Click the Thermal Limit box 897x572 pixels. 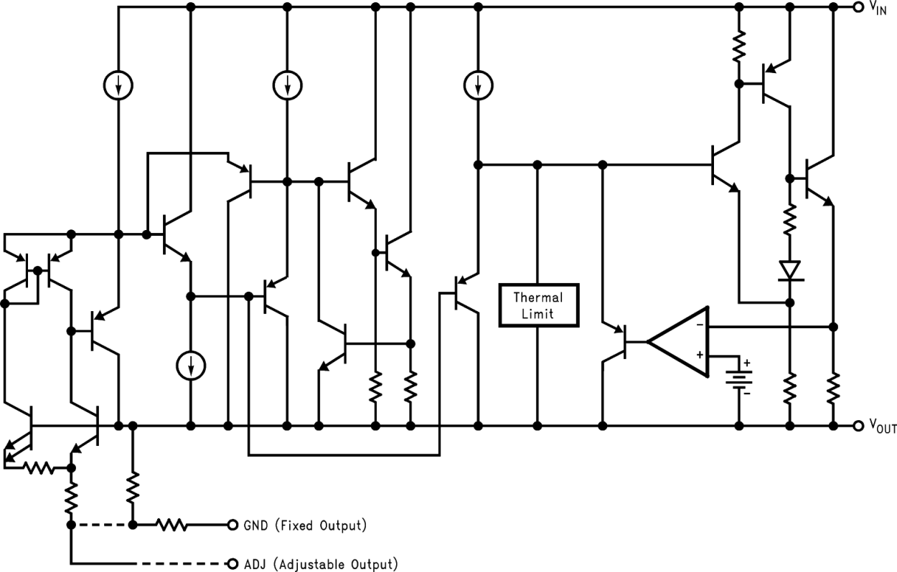pyautogui.click(x=537, y=305)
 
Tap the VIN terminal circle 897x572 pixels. pyautogui.click(x=858, y=6)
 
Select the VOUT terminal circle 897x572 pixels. pyautogui.click(x=858, y=426)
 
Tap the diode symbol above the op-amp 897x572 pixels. pyautogui.click(x=789, y=270)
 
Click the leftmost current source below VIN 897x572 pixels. pyautogui.click(x=118, y=85)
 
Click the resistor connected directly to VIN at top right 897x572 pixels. pyautogui.click(x=739, y=47)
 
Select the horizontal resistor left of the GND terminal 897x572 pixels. pyautogui.click(x=172, y=525)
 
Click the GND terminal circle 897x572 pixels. pyautogui.click(x=232, y=525)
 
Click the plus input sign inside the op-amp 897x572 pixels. pyautogui.click(x=698, y=356)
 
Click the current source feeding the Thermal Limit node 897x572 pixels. pyautogui.click(x=477, y=85)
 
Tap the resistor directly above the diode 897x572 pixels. pyautogui.click(x=789, y=219)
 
